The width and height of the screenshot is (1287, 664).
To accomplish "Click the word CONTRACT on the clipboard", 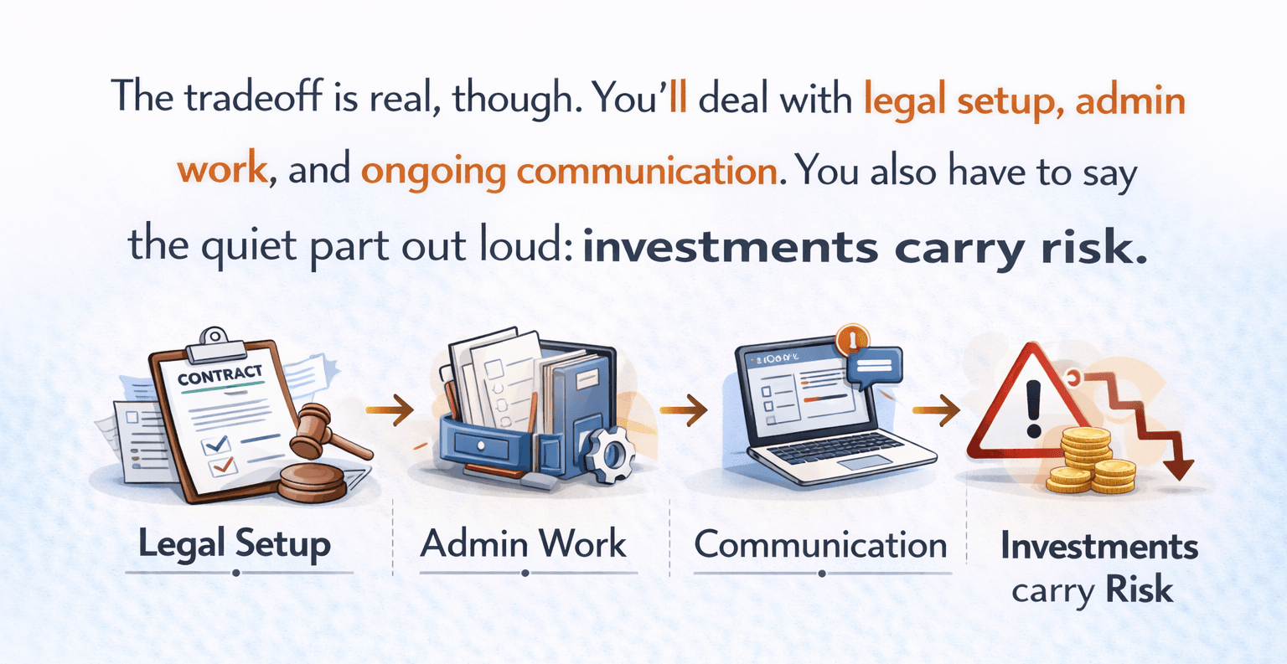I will [220, 374].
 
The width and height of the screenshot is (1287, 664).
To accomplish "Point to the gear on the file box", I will [610, 453].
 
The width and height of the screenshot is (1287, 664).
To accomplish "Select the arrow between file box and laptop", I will [683, 409].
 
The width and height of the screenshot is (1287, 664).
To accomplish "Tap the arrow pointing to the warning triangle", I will [936, 409].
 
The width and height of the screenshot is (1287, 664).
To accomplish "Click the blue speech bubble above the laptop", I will [874, 368].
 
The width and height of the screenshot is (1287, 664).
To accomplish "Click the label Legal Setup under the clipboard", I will [235, 545].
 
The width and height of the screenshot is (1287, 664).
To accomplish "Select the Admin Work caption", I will [524, 544].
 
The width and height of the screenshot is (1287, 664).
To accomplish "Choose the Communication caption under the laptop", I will [820, 545].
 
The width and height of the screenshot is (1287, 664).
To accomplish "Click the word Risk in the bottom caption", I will [1140, 589].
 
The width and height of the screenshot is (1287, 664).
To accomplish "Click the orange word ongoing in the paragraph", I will [433, 172].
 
